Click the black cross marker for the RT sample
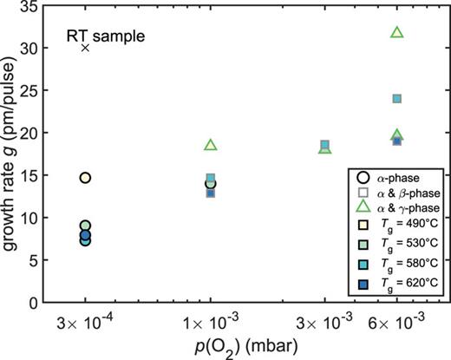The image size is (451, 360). [85, 47]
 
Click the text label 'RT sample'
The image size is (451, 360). [107, 36]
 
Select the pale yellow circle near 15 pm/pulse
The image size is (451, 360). [85, 178]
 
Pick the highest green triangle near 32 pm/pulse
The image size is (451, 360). [397, 32]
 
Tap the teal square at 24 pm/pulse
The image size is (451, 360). [397, 99]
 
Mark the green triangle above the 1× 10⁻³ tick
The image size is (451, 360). [211, 145]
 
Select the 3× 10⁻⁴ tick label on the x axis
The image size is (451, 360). [85, 320]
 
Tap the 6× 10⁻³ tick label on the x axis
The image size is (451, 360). [397, 320]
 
